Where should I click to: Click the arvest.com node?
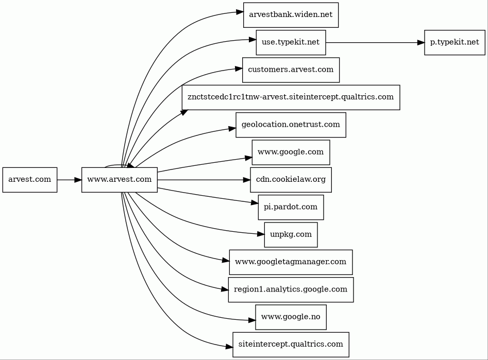[x=30, y=180]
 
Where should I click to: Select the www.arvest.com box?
[x=120, y=180]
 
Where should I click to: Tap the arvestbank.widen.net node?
[x=291, y=15]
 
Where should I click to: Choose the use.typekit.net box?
[x=291, y=42]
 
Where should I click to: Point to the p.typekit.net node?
[x=455, y=42]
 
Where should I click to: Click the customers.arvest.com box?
[x=291, y=70]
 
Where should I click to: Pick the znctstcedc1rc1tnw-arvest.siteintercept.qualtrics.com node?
[x=291, y=97]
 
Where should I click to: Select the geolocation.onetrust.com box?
[x=291, y=125]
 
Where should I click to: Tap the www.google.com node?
[x=291, y=152]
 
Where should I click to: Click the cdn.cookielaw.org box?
[x=291, y=180]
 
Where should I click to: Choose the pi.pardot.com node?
[x=291, y=207]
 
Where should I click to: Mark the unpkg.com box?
[x=291, y=235]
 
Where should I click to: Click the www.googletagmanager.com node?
[x=291, y=262]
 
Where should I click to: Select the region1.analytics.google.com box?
[x=291, y=289]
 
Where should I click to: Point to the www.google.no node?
[x=291, y=317]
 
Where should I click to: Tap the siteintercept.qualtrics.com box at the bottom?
[x=291, y=345]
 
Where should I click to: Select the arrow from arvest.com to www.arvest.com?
[x=70, y=180]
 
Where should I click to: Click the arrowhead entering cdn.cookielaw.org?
[x=246, y=180]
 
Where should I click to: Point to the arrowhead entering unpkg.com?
[x=261, y=234]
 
